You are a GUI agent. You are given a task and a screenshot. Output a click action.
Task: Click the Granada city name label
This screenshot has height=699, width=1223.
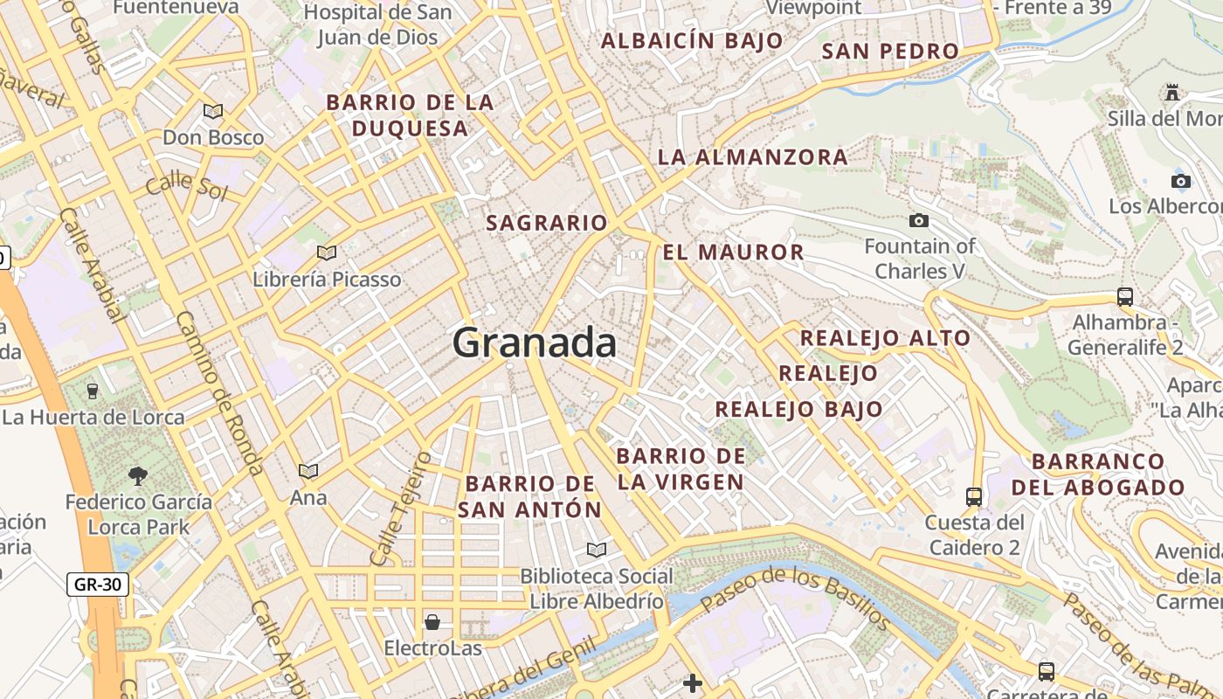535,343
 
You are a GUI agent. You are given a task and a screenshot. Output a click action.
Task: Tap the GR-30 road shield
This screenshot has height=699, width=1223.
98,585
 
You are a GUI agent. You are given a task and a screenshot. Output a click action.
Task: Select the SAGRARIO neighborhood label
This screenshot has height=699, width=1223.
546,223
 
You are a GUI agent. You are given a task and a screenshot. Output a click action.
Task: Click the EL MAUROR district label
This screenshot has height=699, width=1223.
733,253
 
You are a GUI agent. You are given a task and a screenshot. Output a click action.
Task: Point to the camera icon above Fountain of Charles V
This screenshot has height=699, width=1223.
918,221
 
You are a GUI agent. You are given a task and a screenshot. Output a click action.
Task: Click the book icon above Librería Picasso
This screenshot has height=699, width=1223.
327,253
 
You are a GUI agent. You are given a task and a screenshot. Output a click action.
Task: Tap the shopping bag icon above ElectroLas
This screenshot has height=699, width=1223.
432,622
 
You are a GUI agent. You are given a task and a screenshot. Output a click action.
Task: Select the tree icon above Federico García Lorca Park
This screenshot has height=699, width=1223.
138,476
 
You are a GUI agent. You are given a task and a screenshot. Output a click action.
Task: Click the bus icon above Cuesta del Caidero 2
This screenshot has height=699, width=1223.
974,496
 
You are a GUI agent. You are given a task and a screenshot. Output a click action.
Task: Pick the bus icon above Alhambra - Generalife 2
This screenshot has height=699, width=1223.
1125,296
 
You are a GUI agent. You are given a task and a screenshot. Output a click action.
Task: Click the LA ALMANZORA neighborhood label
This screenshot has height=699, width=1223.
752,157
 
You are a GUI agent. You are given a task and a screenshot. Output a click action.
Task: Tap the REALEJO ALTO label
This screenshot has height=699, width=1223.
885,338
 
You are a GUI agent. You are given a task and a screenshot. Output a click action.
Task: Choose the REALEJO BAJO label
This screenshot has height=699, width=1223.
798,409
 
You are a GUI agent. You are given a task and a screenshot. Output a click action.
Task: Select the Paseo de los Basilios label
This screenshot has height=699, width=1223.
795,598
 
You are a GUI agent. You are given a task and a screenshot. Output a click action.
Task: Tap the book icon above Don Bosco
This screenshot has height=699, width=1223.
212,111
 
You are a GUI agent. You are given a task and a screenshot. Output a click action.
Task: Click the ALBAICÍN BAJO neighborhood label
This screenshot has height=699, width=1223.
692,41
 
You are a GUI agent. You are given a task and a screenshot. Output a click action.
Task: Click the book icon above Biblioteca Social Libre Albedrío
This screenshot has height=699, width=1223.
597,550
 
